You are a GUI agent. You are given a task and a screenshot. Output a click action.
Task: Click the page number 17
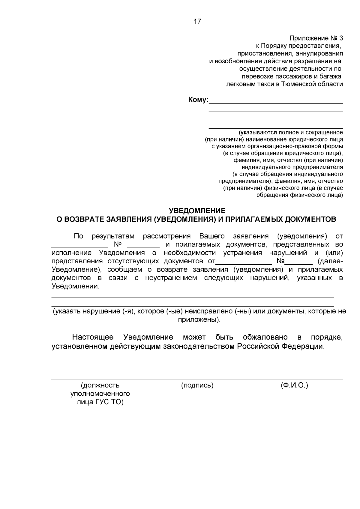[x=197, y=22]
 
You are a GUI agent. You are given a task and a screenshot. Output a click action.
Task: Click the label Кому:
[x=198, y=100]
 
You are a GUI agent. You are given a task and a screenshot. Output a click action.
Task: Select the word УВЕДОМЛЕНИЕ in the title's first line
[x=197, y=211]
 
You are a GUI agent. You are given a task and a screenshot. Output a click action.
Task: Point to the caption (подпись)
[x=197, y=385]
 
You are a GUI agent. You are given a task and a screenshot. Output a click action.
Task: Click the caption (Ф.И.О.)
[x=294, y=385]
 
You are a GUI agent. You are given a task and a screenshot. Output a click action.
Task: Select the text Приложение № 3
[x=316, y=38]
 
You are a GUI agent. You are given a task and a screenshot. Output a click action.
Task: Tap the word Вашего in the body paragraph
[x=212, y=236]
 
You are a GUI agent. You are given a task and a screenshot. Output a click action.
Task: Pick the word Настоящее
[x=93, y=337]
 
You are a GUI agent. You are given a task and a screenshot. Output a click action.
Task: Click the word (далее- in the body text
[x=330, y=261]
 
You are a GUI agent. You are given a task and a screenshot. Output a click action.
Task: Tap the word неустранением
[x=171, y=278]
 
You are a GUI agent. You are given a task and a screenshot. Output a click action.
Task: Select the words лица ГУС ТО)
[x=100, y=402]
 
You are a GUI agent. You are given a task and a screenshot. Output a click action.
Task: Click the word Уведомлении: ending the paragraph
[x=75, y=286]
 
